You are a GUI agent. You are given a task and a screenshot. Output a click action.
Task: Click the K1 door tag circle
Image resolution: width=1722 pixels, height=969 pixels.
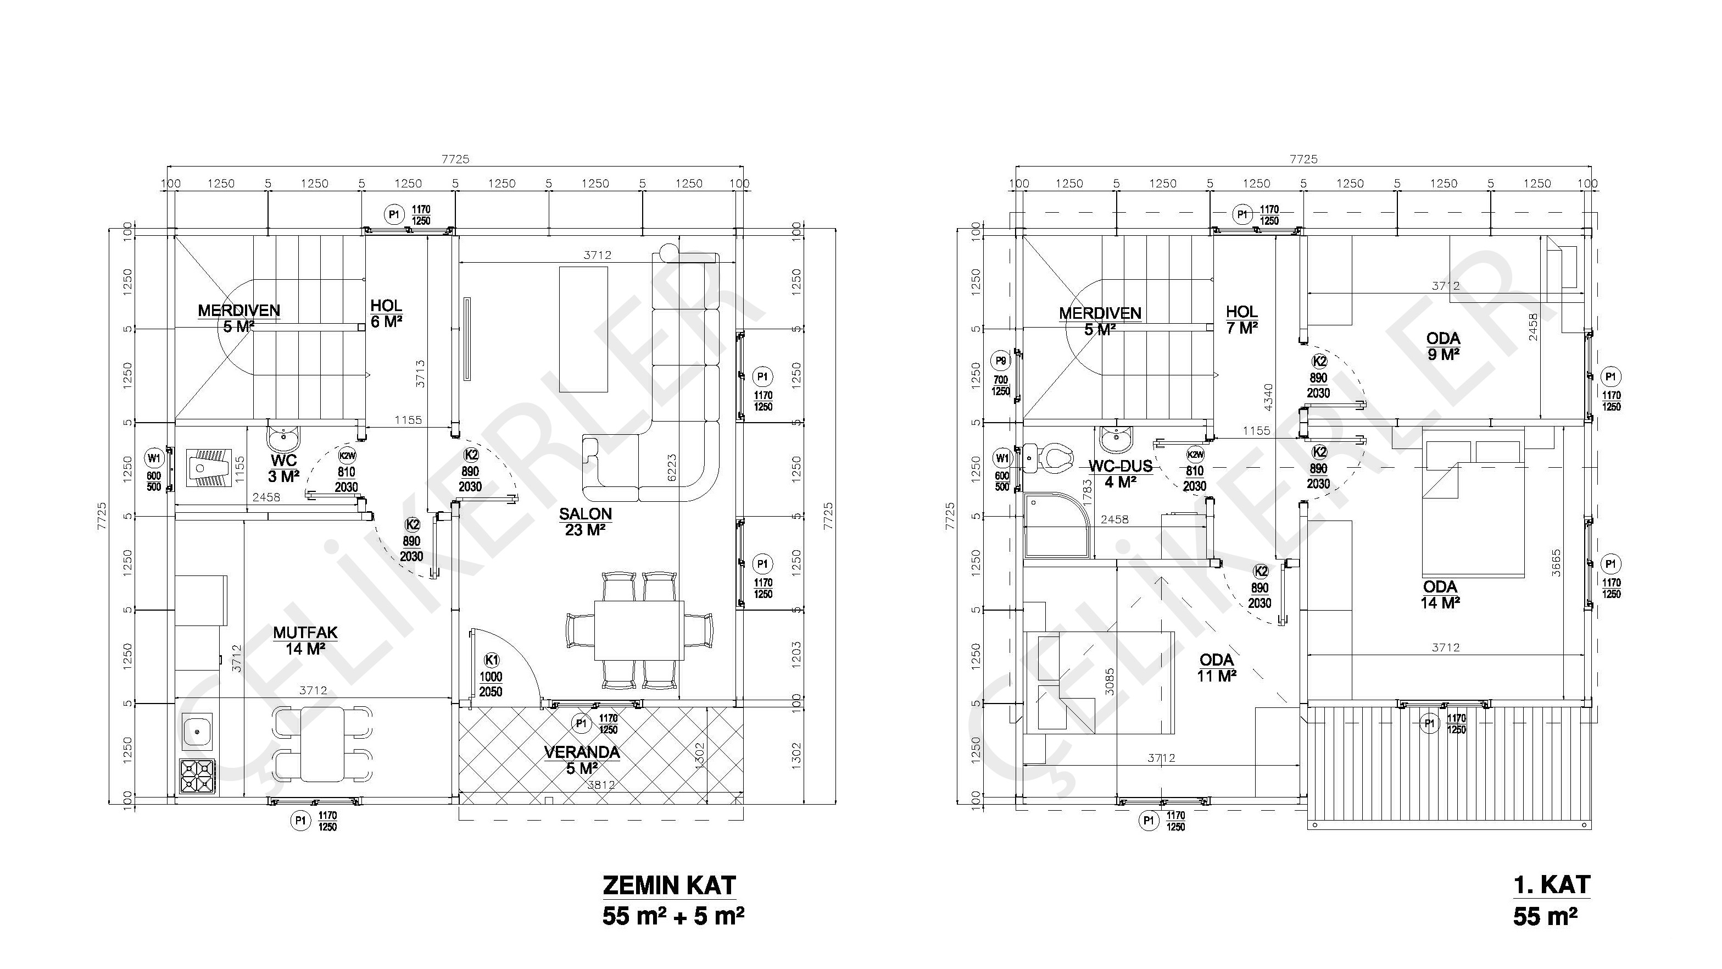(491, 661)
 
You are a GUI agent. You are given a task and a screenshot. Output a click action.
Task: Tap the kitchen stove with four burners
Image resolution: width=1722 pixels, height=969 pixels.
(198, 777)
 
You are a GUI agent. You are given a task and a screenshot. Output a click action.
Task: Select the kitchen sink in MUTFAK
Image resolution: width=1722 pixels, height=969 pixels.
(198, 731)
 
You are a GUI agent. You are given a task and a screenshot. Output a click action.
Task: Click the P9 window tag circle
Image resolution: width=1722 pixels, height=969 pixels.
(1001, 361)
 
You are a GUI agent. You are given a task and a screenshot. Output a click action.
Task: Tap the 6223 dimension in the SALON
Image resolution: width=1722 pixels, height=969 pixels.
(672, 467)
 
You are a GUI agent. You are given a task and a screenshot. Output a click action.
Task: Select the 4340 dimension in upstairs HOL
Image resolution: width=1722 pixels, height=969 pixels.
(1269, 397)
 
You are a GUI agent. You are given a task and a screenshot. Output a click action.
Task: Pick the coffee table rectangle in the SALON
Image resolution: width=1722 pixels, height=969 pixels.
(583, 329)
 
